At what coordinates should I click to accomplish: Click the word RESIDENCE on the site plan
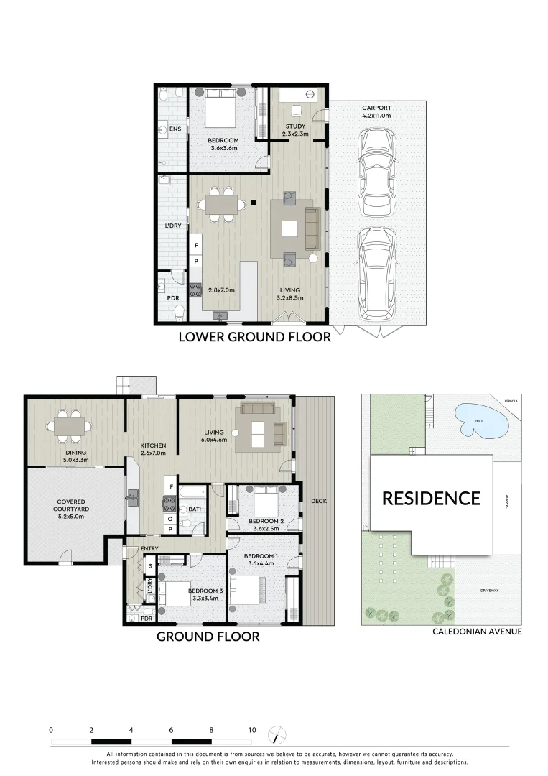[x=431, y=498]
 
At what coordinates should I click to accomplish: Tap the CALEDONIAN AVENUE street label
[x=477, y=632]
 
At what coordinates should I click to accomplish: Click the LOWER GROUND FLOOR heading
[x=254, y=336]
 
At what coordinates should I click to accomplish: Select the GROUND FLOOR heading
[x=208, y=636]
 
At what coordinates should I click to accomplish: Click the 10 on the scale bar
[x=251, y=730]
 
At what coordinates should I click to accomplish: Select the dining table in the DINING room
[x=70, y=426]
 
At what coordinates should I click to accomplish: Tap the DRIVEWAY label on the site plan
[x=490, y=591]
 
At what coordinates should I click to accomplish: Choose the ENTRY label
[x=149, y=549]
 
